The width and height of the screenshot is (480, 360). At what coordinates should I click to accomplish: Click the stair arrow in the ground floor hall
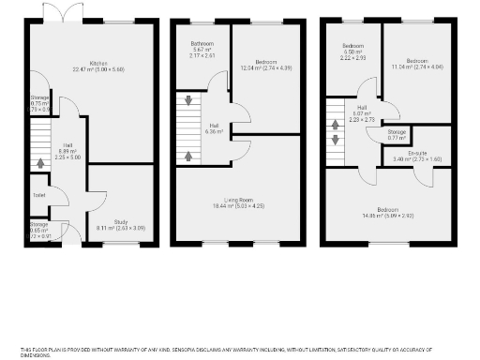(x=39, y=163)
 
